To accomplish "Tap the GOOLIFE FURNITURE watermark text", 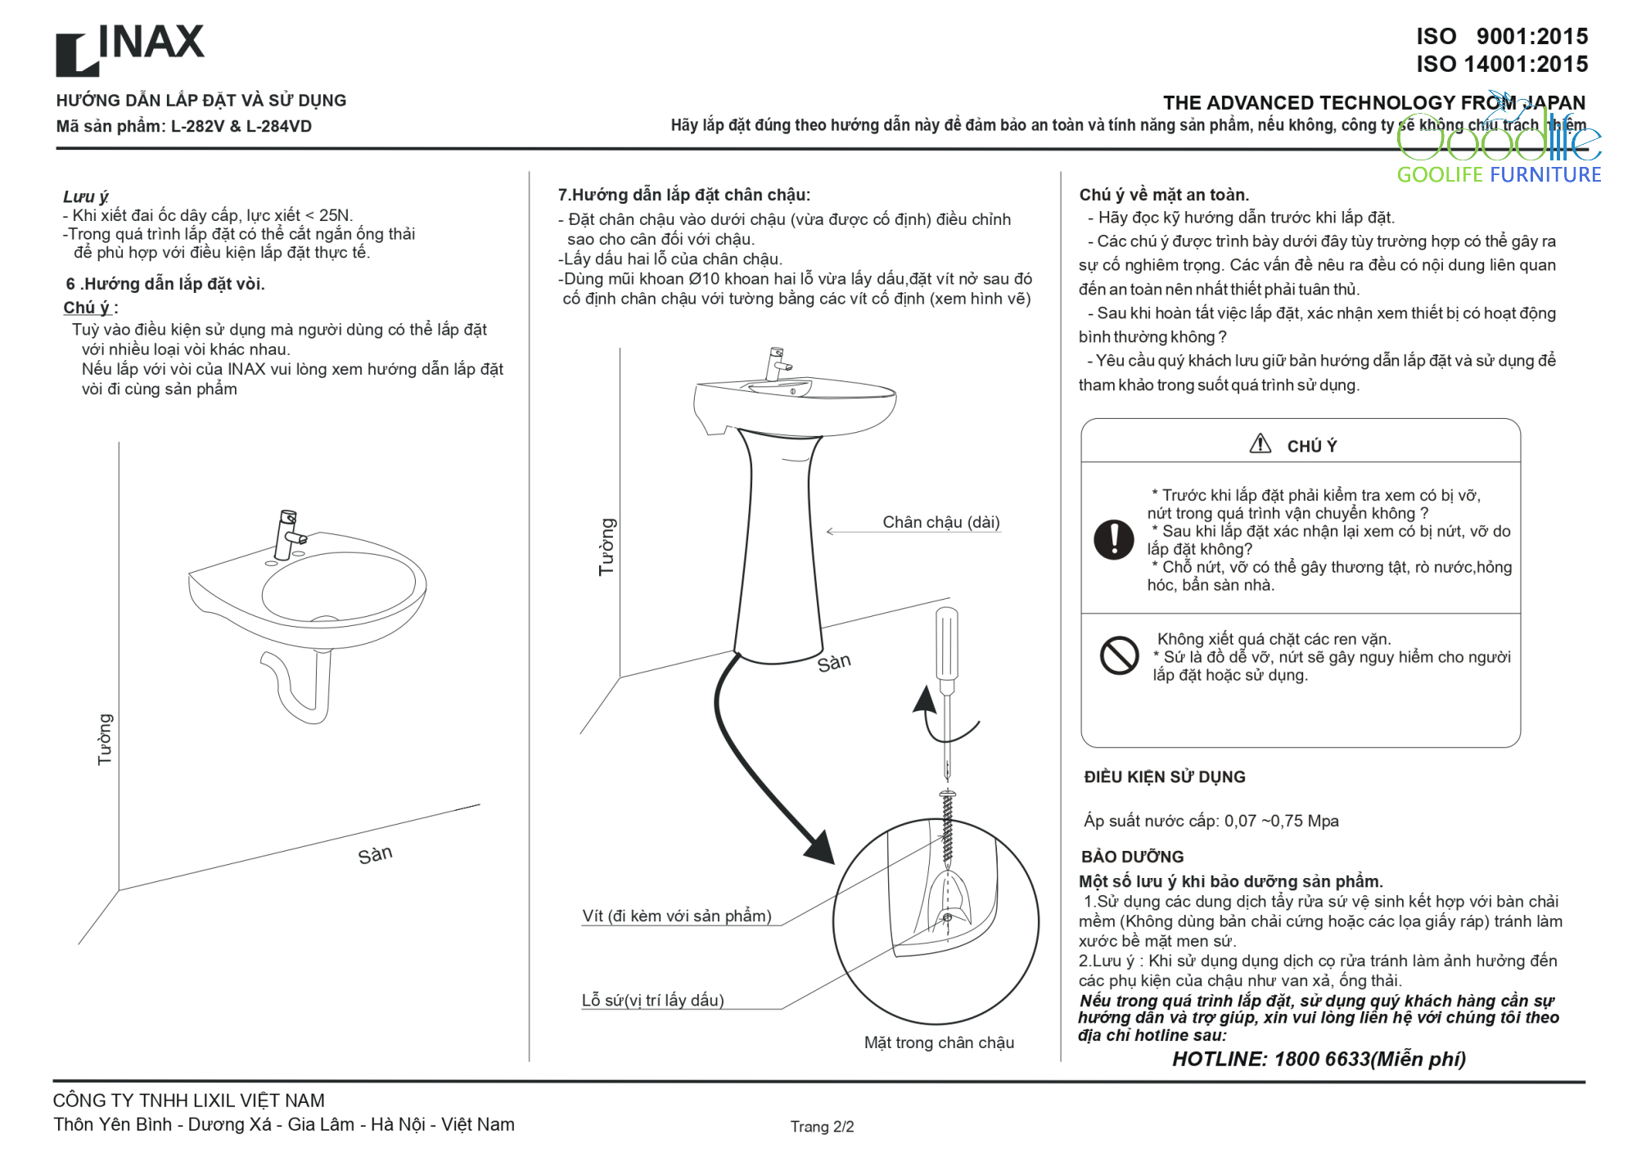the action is (1499, 174).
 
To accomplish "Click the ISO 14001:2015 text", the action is (1502, 64).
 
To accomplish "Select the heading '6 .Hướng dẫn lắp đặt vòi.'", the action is (165, 284).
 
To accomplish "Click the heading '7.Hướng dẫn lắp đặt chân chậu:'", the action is (684, 195).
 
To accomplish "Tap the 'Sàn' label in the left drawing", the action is (375, 855).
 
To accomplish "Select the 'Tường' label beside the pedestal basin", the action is (607, 547).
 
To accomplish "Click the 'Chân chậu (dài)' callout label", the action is (941, 522).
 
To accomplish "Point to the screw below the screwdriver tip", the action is (948, 828).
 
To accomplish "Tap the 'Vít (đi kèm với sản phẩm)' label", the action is (677, 916).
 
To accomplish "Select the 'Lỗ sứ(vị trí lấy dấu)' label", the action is (653, 1000).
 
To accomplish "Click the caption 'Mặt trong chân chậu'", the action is (939, 1042).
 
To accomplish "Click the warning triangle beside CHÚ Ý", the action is (1260, 443).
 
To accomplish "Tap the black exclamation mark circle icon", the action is (1114, 539).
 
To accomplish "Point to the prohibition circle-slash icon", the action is (1119, 655).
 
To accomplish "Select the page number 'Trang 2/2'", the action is (822, 1127).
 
